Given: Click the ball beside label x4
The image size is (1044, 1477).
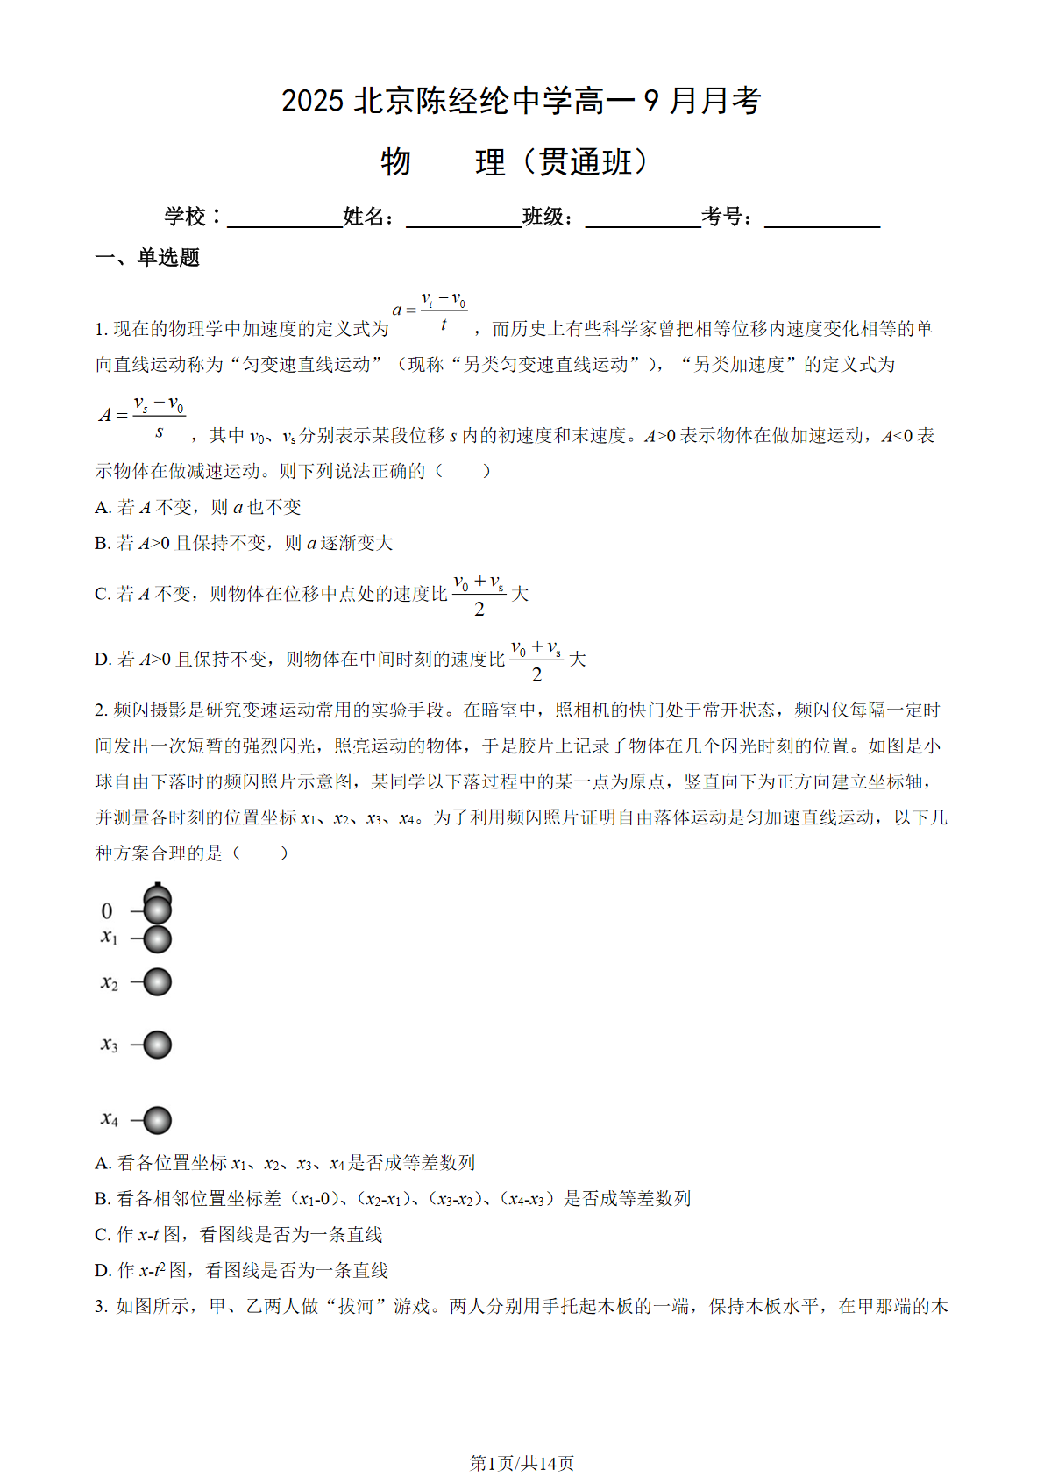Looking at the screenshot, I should (x=157, y=1120).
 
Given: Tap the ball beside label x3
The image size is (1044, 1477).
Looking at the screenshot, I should (x=157, y=1045).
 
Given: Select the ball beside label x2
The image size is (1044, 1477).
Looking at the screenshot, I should (x=157, y=981).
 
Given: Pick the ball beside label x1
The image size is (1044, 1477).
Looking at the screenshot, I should (x=157, y=939).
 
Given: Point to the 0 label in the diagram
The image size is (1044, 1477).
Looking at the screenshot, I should (x=107, y=911).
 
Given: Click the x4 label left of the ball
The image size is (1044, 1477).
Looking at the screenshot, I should (x=109, y=1118).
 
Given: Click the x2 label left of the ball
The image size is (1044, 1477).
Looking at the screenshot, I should (x=109, y=982).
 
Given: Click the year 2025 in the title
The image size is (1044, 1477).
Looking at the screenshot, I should (x=312, y=101).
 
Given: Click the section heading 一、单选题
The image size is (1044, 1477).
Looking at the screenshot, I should (x=147, y=257).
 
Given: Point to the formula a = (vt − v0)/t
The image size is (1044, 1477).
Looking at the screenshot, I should (x=430, y=310).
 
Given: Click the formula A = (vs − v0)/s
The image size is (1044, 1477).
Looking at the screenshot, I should (x=142, y=416).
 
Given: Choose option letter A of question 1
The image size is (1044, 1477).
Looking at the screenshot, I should (x=103, y=508).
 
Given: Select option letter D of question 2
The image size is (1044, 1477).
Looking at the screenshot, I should (x=103, y=1271).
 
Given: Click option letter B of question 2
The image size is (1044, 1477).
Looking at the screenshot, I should (x=103, y=1199).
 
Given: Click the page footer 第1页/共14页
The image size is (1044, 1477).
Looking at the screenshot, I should (x=522, y=1463).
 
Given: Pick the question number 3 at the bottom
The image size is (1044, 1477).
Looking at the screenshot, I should (x=101, y=1307).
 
